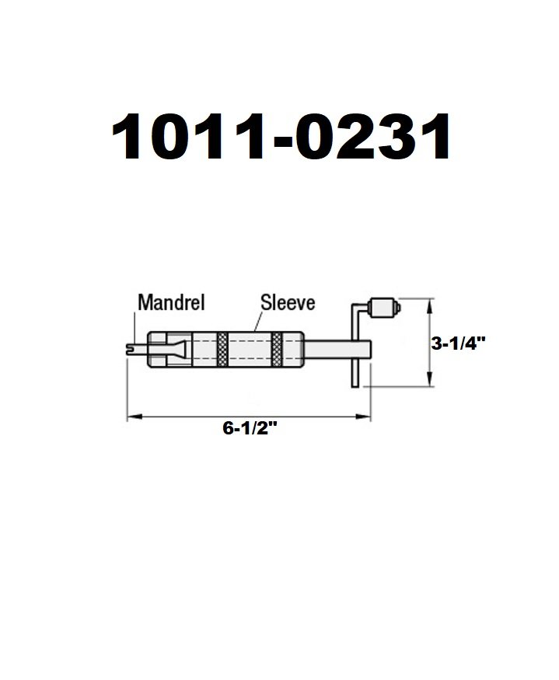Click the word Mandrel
coord(170,302)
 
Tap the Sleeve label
coord(288,302)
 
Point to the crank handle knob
coord(383,308)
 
